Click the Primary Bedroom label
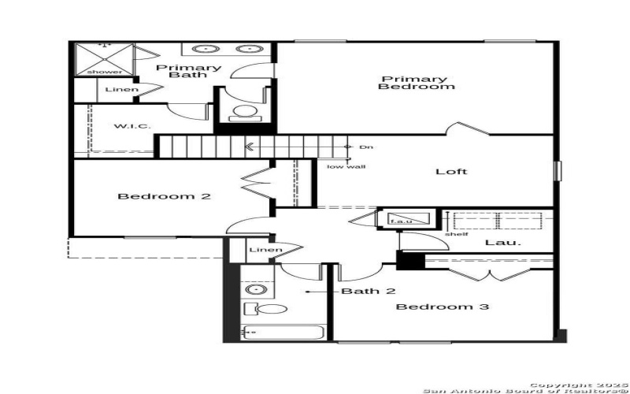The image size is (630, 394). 416,83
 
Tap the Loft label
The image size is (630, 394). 451,171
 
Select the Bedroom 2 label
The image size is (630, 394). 164,196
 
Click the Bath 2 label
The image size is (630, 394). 368,292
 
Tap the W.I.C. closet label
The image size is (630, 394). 132,126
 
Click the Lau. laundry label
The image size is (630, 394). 502,243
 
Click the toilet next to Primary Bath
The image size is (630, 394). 246,111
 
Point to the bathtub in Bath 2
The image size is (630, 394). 282,333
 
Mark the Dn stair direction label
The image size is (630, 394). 365,147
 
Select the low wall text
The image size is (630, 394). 346,166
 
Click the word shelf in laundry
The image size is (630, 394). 451,233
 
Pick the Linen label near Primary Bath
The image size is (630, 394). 121,90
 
